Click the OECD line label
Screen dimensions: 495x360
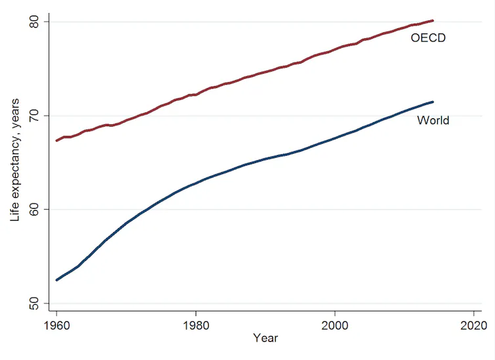pos(428,38)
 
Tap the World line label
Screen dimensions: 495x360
pos(433,120)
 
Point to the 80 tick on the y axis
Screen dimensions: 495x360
pos(33,22)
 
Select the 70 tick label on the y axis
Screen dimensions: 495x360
pos(33,116)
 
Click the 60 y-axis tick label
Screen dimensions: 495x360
pos(33,210)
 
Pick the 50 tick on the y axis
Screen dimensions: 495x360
pos(33,303)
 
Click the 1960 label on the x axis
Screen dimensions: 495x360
pos(57,325)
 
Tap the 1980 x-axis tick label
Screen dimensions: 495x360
pos(196,325)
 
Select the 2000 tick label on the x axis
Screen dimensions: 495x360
pos(335,325)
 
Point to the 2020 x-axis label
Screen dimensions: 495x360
pos(473,325)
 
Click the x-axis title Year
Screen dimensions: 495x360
pos(265,338)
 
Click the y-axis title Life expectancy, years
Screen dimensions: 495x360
pos(15,160)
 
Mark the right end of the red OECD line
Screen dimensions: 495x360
pos(433,20)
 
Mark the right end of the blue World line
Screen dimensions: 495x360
pos(433,102)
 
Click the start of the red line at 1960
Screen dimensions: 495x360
pos(57,141)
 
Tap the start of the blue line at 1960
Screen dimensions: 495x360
pos(57,280)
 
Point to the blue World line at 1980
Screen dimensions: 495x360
pos(196,183)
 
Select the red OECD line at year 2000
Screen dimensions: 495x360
pos(335,51)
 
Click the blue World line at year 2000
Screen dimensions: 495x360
pos(335,138)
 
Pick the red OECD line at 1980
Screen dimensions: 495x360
pos(196,95)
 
